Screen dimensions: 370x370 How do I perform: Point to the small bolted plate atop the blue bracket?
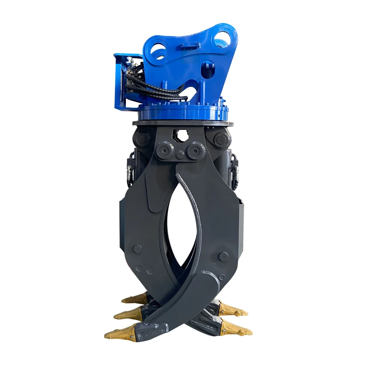click(x=190, y=45)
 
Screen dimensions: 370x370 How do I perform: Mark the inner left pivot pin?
click(x=164, y=150)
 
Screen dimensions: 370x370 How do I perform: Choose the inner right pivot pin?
click(x=196, y=150)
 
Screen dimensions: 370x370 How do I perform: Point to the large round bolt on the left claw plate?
click(x=137, y=249)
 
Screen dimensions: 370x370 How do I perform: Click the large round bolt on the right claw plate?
click(x=224, y=255)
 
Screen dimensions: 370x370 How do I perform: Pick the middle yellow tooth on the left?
click(x=128, y=314)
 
